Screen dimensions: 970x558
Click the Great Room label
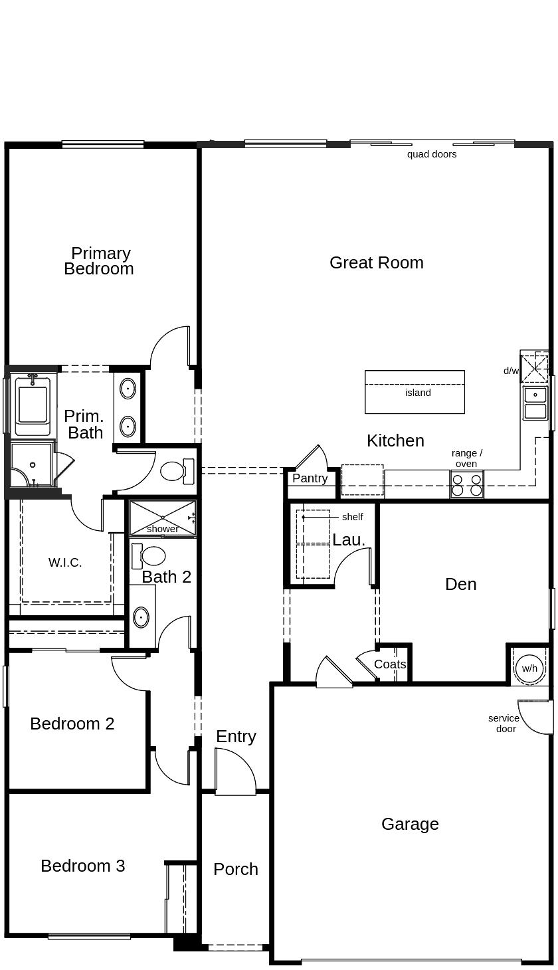(x=376, y=262)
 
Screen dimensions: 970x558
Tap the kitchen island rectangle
(x=415, y=392)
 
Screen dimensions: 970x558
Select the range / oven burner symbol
(x=466, y=484)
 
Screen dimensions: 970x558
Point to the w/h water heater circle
(x=529, y=668)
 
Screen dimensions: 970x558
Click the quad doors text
(x=432, y=154)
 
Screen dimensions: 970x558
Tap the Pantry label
(x=310, y=478)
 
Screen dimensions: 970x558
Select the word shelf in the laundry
(x=352, y=517)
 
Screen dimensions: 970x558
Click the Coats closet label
(x=389, y=664)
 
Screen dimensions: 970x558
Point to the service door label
(x=504, y=724)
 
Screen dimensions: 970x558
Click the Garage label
(x=410, y=824)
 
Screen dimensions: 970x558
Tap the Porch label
(x=236, y=869)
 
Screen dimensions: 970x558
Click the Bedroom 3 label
(x=82, y=866)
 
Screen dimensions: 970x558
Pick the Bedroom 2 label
(x=72, y=724)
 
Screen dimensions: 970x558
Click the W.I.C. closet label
(x=65, y=563)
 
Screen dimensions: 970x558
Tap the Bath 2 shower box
(x=162, y=518)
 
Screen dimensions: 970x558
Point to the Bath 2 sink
(x=141, y=617)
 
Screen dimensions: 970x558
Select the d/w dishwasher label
(x=511, y=371)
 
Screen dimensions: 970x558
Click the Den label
(x=460, y=584)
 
